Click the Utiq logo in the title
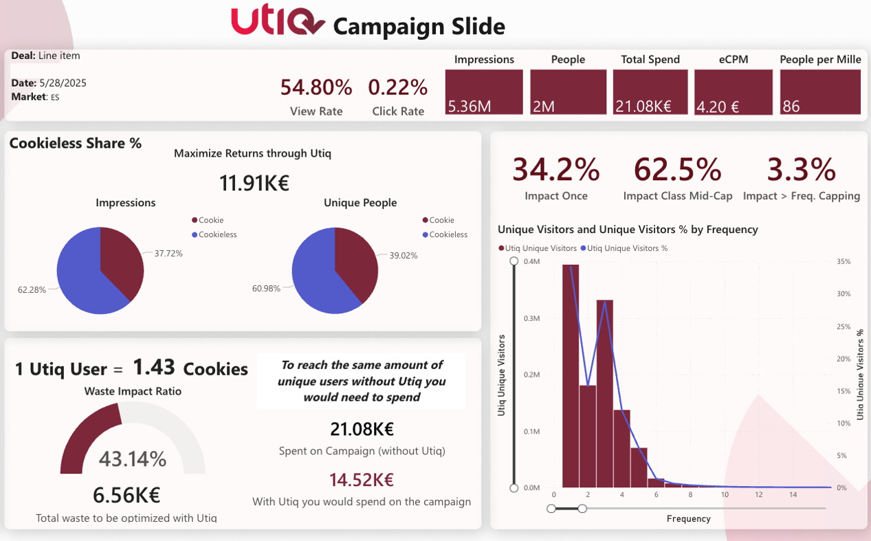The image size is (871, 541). pos(277,22)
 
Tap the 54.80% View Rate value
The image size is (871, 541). pos(316,87)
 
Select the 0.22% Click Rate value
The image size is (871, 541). pos(398,87)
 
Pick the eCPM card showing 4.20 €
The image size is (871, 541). pos(733,92)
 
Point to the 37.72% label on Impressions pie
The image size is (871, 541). pos(168,254)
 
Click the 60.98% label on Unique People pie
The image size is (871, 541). pos(266,289)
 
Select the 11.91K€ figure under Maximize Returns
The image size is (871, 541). pos(254,183)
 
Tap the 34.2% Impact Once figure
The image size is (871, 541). pos(555,169)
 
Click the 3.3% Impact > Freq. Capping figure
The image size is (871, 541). pos(801,169)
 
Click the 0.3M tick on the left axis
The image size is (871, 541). pos(532,318)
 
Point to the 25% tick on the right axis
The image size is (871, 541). pos(844,327)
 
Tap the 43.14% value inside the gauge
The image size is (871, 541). pos(132,459)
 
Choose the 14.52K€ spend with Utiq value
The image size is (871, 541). pos(362,480)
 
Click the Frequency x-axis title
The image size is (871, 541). pos(688,519)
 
